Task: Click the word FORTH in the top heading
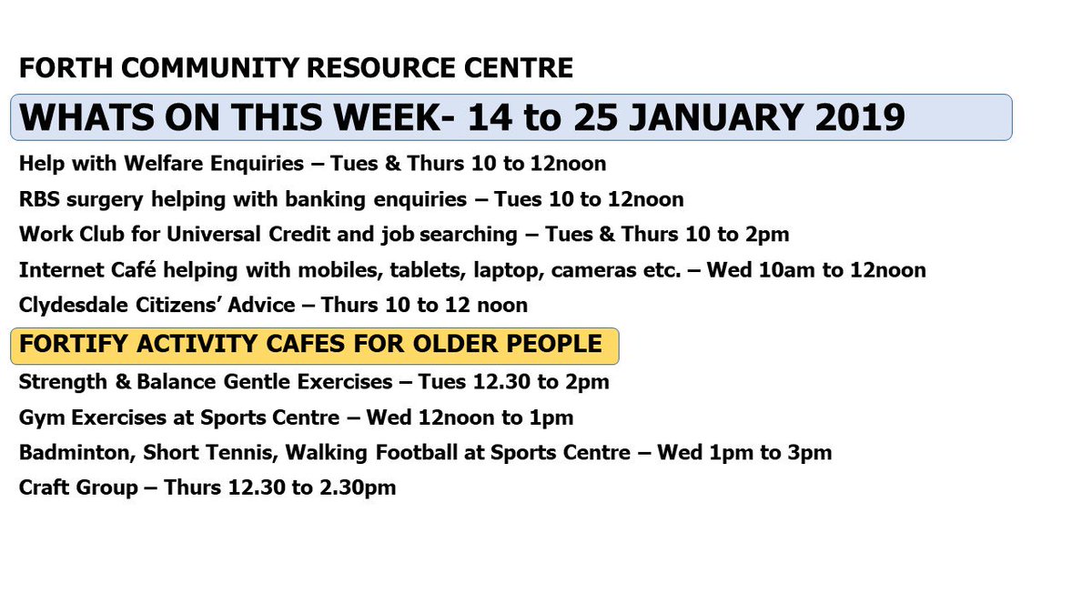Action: click(53, 68)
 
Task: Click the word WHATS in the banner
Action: click(75, 118)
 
